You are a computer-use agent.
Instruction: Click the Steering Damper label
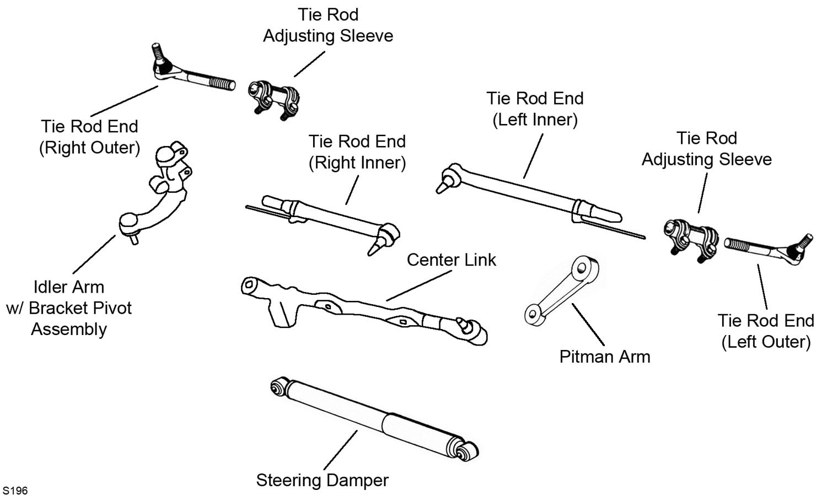(x=322, y=480)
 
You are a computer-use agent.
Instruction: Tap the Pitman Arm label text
(x=605, y=357)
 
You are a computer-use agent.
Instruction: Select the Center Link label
(x=451, y=260)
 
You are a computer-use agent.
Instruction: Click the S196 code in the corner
(x=15, y=490)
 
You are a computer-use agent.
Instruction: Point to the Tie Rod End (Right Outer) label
(x=89, y=137)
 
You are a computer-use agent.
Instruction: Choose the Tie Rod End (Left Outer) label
(x=766, y=331)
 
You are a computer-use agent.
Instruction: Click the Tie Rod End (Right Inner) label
(x=357, y=152)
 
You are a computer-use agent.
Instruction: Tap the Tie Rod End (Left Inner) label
(x=534, y=109)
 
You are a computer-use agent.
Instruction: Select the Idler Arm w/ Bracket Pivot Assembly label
(x=69, y=308)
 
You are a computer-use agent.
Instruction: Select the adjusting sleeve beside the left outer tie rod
(x=691, y=238)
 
